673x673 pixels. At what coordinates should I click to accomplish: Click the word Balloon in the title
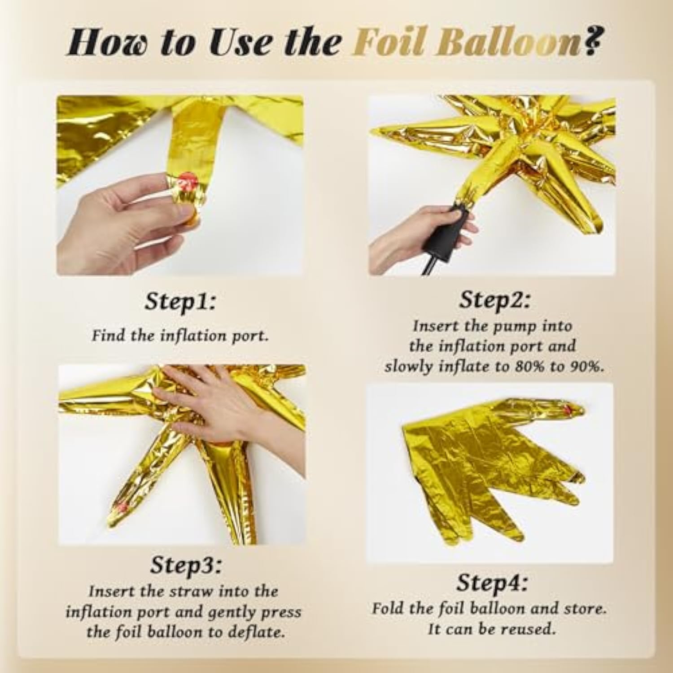(x=507, y=42)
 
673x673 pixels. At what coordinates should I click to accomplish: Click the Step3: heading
(x=186, y=565)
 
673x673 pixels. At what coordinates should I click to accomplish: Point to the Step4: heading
(x=492, y=583)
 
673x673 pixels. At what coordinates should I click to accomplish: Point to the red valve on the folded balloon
(x=569, y=409)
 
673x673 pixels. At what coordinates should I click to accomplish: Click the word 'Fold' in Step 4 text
(x=388, y=608)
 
